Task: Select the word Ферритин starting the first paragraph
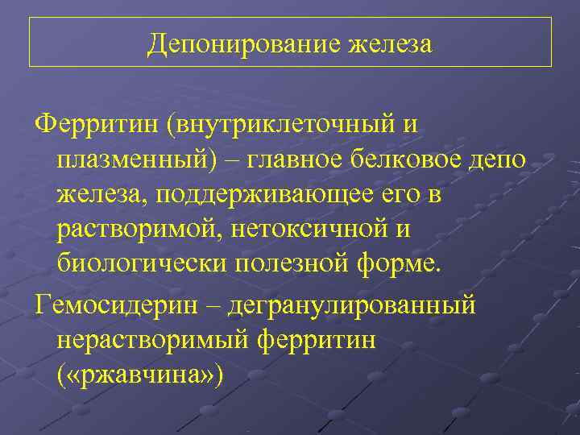tap(94, 126)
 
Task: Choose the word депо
tap(499, 160)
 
